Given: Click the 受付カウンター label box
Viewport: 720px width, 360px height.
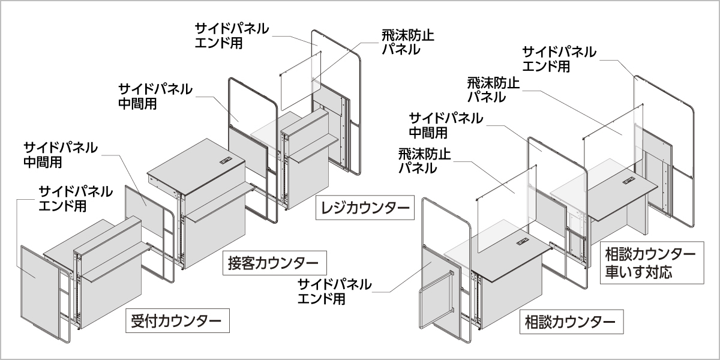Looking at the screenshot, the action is pyautogui.click(x=178, y=320).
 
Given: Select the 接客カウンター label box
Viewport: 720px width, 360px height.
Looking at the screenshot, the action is pyautogui.click(x=275, y=263).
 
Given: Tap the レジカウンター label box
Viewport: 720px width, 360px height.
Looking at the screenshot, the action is pyautogui.click(x=365, y=208).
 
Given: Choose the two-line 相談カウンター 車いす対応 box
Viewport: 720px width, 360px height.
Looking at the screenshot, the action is pyautogui.click(x=652, y=263).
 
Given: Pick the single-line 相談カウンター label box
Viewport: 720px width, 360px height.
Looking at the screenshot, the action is pyautogui.click(x=571, y=322).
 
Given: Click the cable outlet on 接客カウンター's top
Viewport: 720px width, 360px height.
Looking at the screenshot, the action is pyautogui.click(x=226, y=160).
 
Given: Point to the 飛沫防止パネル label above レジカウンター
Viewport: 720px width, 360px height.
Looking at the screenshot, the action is pyautogui.click(x=407, y=43).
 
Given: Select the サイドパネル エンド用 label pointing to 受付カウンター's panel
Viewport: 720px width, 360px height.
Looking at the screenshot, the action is pyautogui.click(x=76, y=199).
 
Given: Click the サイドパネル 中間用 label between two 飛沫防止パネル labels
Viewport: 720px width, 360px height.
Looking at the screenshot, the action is pyautogui.click(x=446, y=125).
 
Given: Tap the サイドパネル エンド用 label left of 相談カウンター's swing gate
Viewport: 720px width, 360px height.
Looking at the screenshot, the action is pyautogui.click(x=334, y=292).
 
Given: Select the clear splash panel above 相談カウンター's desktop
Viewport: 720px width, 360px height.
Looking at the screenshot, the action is pyautogui.click(x=506, y=209).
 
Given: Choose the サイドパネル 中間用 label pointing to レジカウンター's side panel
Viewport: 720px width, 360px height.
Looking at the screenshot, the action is pyautogui.click(x=155, y=96).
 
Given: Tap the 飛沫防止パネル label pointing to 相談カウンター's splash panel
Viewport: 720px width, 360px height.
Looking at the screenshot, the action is pyautogui.click(x=425, y=161).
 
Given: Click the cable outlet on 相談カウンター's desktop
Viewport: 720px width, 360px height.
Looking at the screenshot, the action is pyautogui.click(x=523, y=241).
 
